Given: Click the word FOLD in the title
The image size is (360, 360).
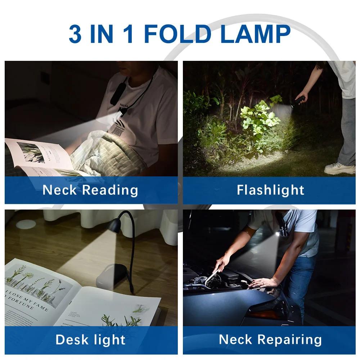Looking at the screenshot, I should (177, 34).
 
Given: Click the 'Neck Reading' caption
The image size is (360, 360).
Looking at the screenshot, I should (90, 190).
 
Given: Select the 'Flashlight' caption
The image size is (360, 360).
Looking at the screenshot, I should (270, 190).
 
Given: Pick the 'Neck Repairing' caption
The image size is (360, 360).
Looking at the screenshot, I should (270, 339).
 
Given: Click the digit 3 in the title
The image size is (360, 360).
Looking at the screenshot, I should (75, 34).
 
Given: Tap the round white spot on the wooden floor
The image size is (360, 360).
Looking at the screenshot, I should (26, 224).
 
